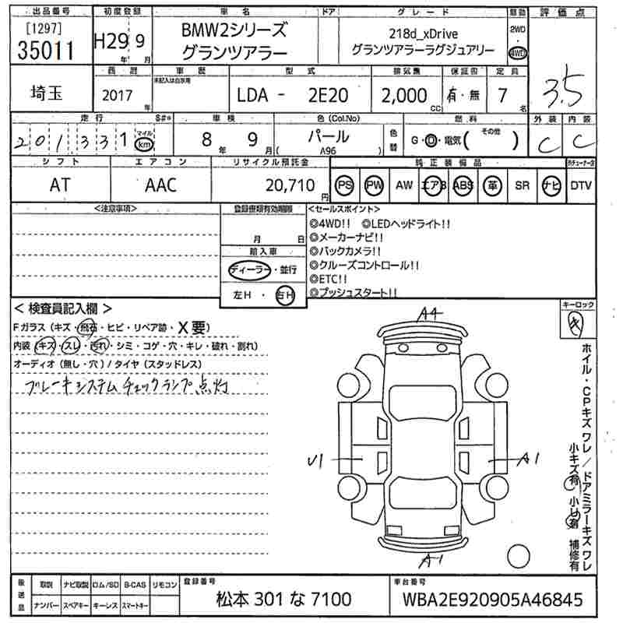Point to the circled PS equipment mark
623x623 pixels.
click(346, 185)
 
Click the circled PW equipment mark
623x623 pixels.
click(375, 185)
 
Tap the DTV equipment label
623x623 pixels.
click(580, 185)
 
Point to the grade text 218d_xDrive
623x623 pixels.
click(423, 33)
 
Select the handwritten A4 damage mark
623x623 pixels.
click(430, 313)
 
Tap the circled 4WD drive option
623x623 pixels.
click(517, 53)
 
